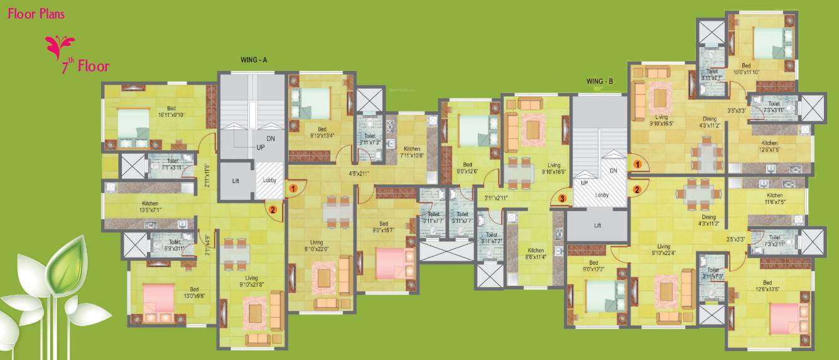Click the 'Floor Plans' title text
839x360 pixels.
coord(36,14)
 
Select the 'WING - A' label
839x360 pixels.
coord(254,60)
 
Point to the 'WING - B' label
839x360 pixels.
coord(600,82)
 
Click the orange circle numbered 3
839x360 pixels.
coord(563,199)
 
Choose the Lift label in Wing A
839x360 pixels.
coord(235,180)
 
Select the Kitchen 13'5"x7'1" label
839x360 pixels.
coord(151,207)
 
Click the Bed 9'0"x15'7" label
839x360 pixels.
coord(383,227)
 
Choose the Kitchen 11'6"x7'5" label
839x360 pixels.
coord(774,199)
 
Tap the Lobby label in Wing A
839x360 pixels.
coord(269,180)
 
